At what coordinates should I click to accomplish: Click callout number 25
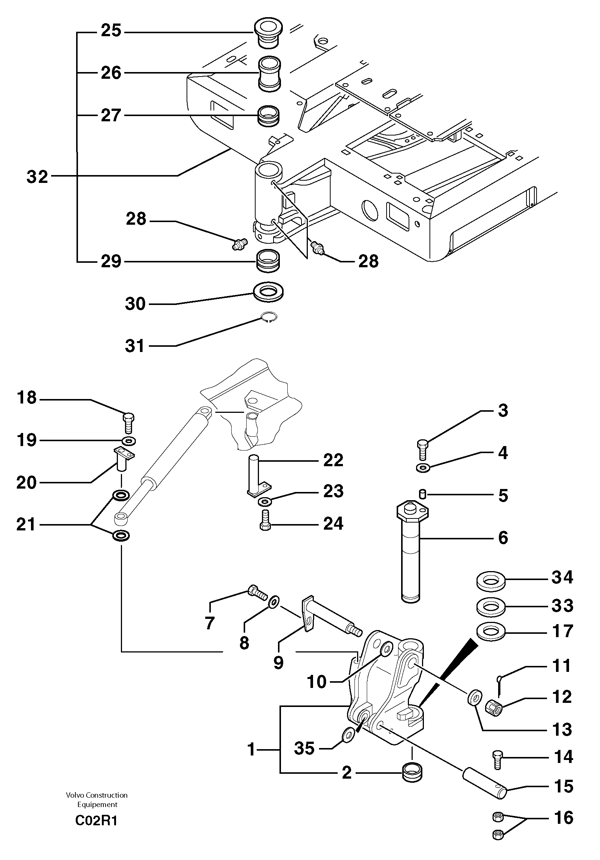pos(111,30)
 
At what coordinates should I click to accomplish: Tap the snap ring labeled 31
pos(269,318)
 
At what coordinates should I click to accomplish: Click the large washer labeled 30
pos(268,291)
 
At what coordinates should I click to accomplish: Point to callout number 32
pos(37,177)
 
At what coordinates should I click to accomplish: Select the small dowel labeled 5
pos(422,495)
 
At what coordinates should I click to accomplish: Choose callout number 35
pos(304,748)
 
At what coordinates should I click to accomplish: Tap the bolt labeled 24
pos(265,520)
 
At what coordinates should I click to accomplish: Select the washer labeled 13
pos(475,697)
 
